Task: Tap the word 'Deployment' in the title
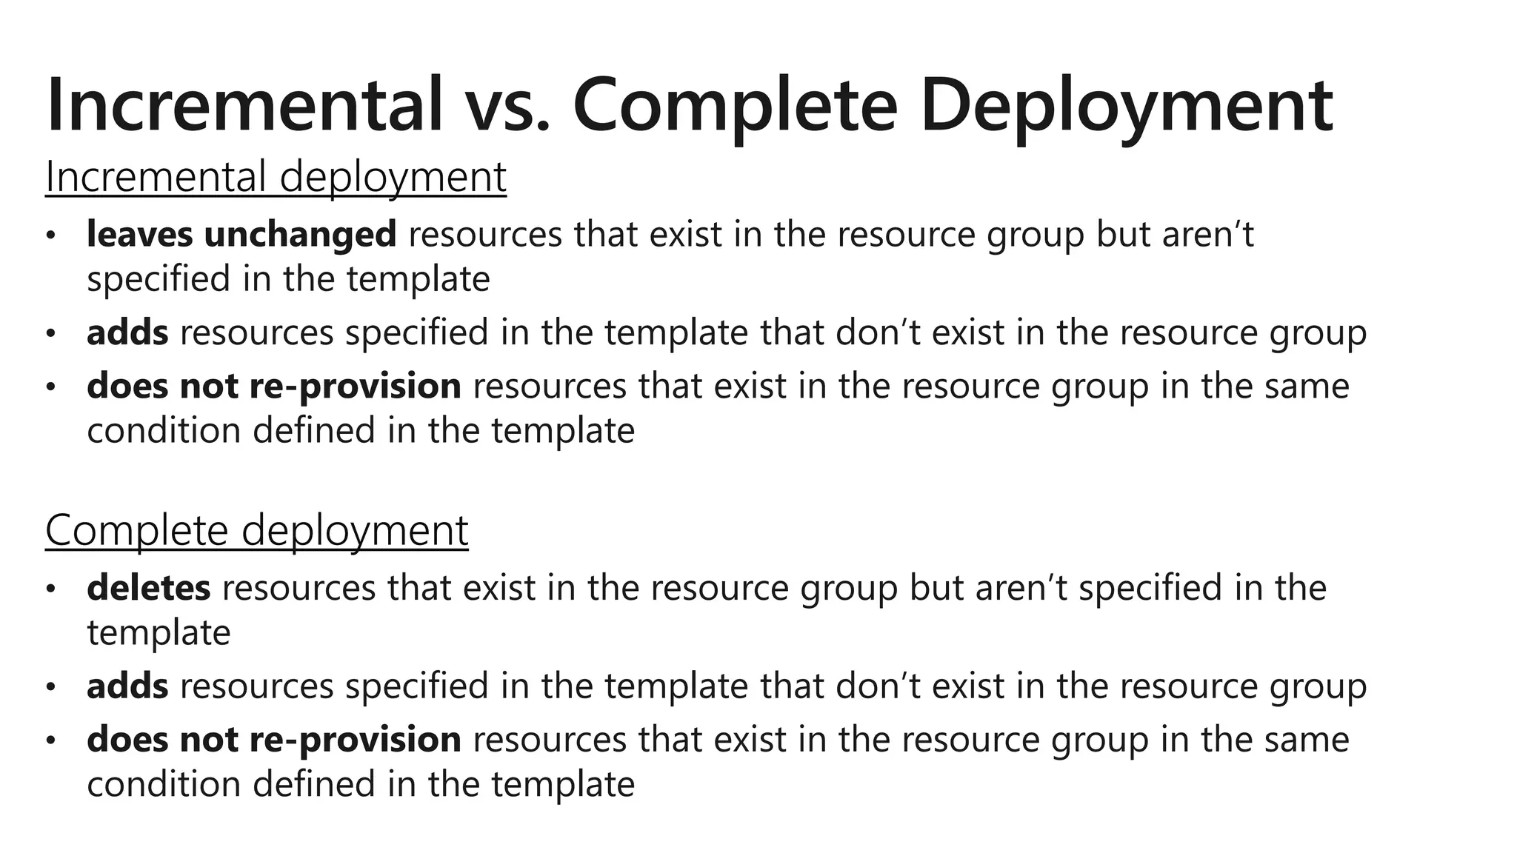point(1126,106)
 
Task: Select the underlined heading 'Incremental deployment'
point(276,178)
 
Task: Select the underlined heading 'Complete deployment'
point(256,531)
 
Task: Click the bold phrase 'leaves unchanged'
point(241,235)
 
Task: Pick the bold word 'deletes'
point(149,588)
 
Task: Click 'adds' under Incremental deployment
point(127,332)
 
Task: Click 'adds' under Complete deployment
point(127,686)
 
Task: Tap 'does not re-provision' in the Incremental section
point(274,387)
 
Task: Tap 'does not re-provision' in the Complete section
point(274,740)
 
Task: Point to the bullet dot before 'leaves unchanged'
point(50,236)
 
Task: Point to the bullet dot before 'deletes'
point(50,589)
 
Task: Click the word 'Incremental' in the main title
point(244,106)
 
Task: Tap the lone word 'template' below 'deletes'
point(159,633)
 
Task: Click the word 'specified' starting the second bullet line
point(159,280)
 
